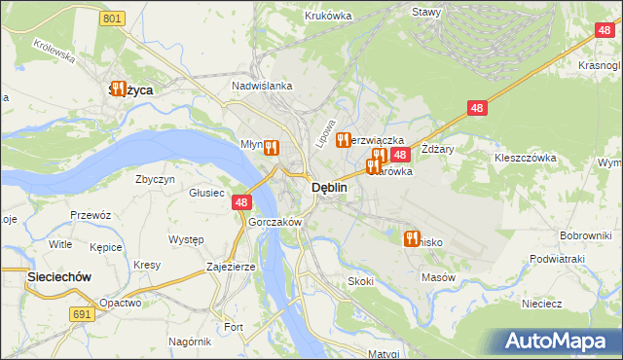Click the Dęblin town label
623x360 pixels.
pos(328,188)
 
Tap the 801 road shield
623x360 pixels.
pos(113,18)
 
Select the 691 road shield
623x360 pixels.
pos(82,314)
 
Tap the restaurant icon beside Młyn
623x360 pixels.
pos(272,148)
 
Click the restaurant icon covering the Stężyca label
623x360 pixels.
pos(119,89)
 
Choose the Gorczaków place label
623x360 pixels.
pos(275,222)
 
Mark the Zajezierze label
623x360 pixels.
pos(231,266)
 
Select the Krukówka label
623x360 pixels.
pos(327,16)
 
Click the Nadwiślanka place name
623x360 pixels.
pos(262,86)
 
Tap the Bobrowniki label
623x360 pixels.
pos(584,235)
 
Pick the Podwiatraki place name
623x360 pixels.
pos(557,259)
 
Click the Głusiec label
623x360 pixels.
pos(207,193)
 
